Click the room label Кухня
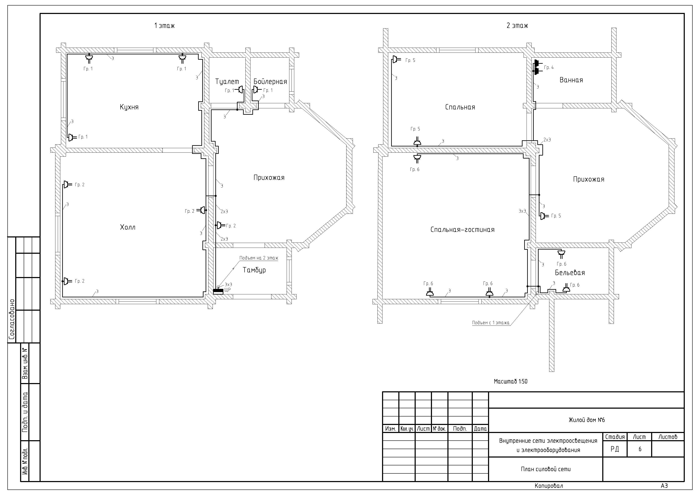129,107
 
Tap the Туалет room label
227,82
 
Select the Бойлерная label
270,81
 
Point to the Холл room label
128,227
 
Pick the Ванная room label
571,80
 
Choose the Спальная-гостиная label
462,230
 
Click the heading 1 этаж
164,26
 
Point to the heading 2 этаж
517,26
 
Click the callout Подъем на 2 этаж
259,258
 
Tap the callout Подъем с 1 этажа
491,323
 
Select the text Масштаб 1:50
510,381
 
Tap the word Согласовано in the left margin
12,319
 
